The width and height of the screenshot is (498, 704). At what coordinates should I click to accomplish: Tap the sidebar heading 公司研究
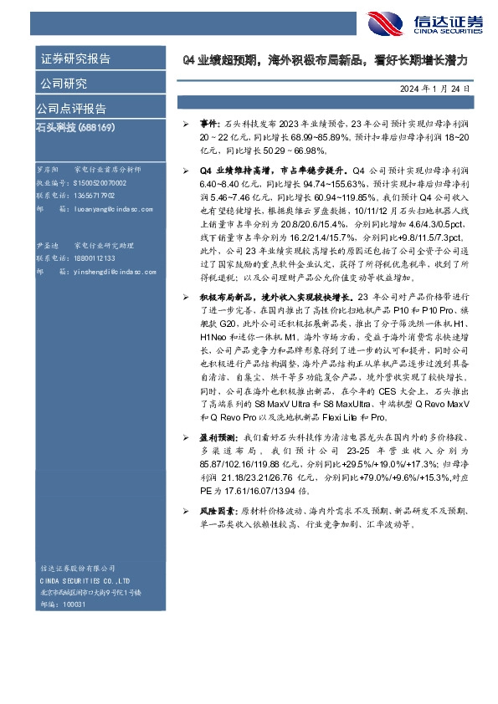63,84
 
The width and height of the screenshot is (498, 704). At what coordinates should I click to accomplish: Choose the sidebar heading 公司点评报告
71,109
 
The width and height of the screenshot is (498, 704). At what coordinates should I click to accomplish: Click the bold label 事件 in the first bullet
208,122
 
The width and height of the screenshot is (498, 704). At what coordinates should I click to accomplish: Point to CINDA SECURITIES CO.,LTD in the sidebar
83,580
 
